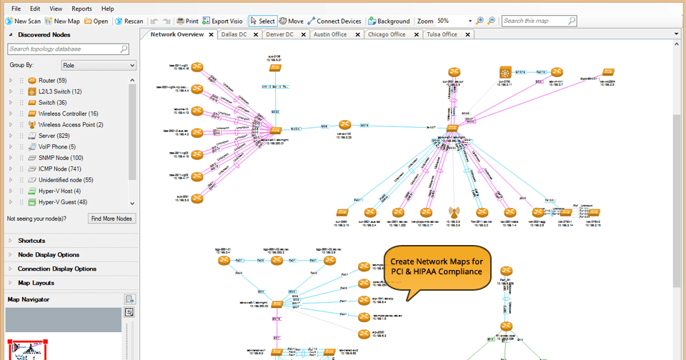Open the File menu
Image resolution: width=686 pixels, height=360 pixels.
pos(16,9)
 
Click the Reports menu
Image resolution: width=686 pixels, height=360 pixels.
pos(81,9)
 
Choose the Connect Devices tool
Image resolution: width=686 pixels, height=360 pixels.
pos(334,21)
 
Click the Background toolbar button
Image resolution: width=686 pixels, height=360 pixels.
pos(389,21)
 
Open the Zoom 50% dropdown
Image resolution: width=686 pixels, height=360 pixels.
pos(469,21)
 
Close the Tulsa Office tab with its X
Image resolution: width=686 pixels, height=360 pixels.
pos(463,34)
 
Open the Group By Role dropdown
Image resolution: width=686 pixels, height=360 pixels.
pos(99,65)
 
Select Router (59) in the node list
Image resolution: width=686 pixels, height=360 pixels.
pos(52,81)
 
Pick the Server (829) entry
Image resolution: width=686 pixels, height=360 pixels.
pos(54,136)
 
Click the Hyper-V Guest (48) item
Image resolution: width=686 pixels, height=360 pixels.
pos(62,202)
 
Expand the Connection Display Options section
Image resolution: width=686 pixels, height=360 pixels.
pos(57,269)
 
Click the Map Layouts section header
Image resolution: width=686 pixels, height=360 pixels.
pos(36,283)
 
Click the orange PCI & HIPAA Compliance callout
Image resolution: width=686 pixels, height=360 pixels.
pos(436,267)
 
